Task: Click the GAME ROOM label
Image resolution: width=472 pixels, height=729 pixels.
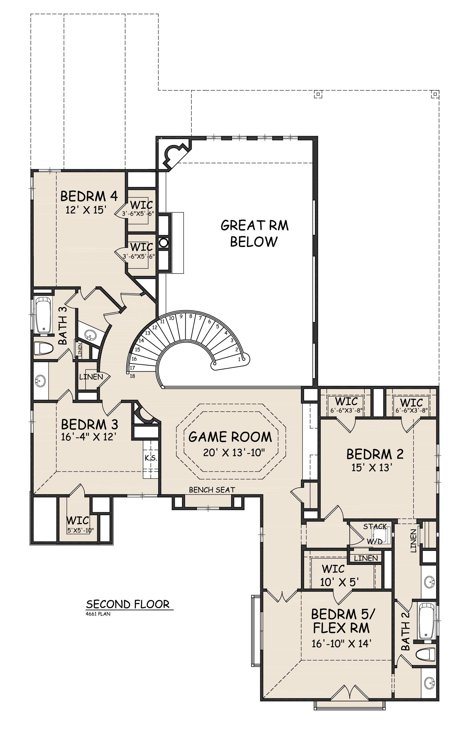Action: tap(230, 437)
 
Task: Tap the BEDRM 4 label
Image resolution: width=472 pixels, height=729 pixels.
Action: tap(89, 196)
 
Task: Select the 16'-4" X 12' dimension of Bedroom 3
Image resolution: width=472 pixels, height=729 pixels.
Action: tap(89, 437)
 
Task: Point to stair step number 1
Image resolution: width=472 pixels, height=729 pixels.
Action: tap(239, 360)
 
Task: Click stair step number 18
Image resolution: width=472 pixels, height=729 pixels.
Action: tap(132, 376)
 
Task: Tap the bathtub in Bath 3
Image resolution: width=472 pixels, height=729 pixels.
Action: tap(43, 314)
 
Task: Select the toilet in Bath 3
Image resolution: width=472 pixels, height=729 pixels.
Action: tap(43, 349)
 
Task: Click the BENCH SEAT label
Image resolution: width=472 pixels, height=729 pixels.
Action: tap(212, 490)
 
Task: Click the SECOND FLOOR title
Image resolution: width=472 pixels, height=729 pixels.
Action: tap(128, 604)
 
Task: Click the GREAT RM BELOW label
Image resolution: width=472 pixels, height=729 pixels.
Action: tap(254, 233)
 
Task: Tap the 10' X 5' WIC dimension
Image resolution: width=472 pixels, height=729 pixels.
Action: tap(339, 582)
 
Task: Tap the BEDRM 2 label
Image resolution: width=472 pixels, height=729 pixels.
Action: tap(375, 454)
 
